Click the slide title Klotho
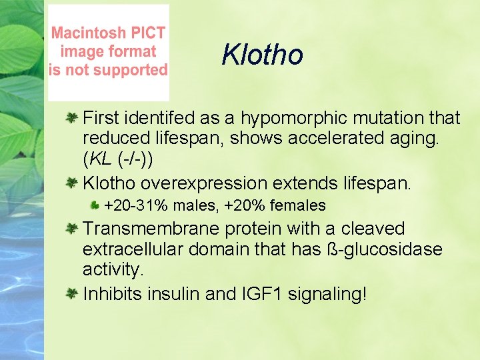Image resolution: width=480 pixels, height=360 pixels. (x=262, y=55)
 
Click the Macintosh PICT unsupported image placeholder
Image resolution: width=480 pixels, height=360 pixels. (x=109, y=52)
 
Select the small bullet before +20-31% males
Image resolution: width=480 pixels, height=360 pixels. (x=95, y=206)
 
